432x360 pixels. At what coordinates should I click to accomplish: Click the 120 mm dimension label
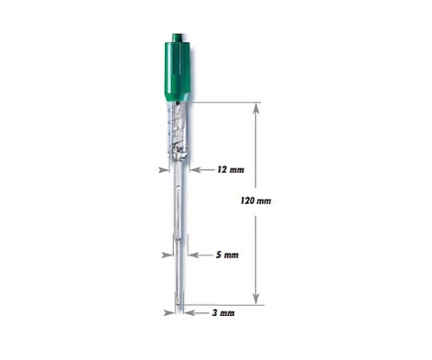click(256, 200)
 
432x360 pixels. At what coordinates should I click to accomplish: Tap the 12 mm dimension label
click(231, 170)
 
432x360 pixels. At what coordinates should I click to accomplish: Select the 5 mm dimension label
click(227, 255)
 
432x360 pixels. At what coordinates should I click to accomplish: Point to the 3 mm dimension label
click(223, 313)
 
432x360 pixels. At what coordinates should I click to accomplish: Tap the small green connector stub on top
click(178, 38)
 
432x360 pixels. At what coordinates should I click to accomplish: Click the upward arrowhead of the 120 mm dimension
click(256, 109)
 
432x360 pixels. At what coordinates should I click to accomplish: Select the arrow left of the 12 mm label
click(202, 170)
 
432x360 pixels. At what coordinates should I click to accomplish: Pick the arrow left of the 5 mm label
click(200, 255)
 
